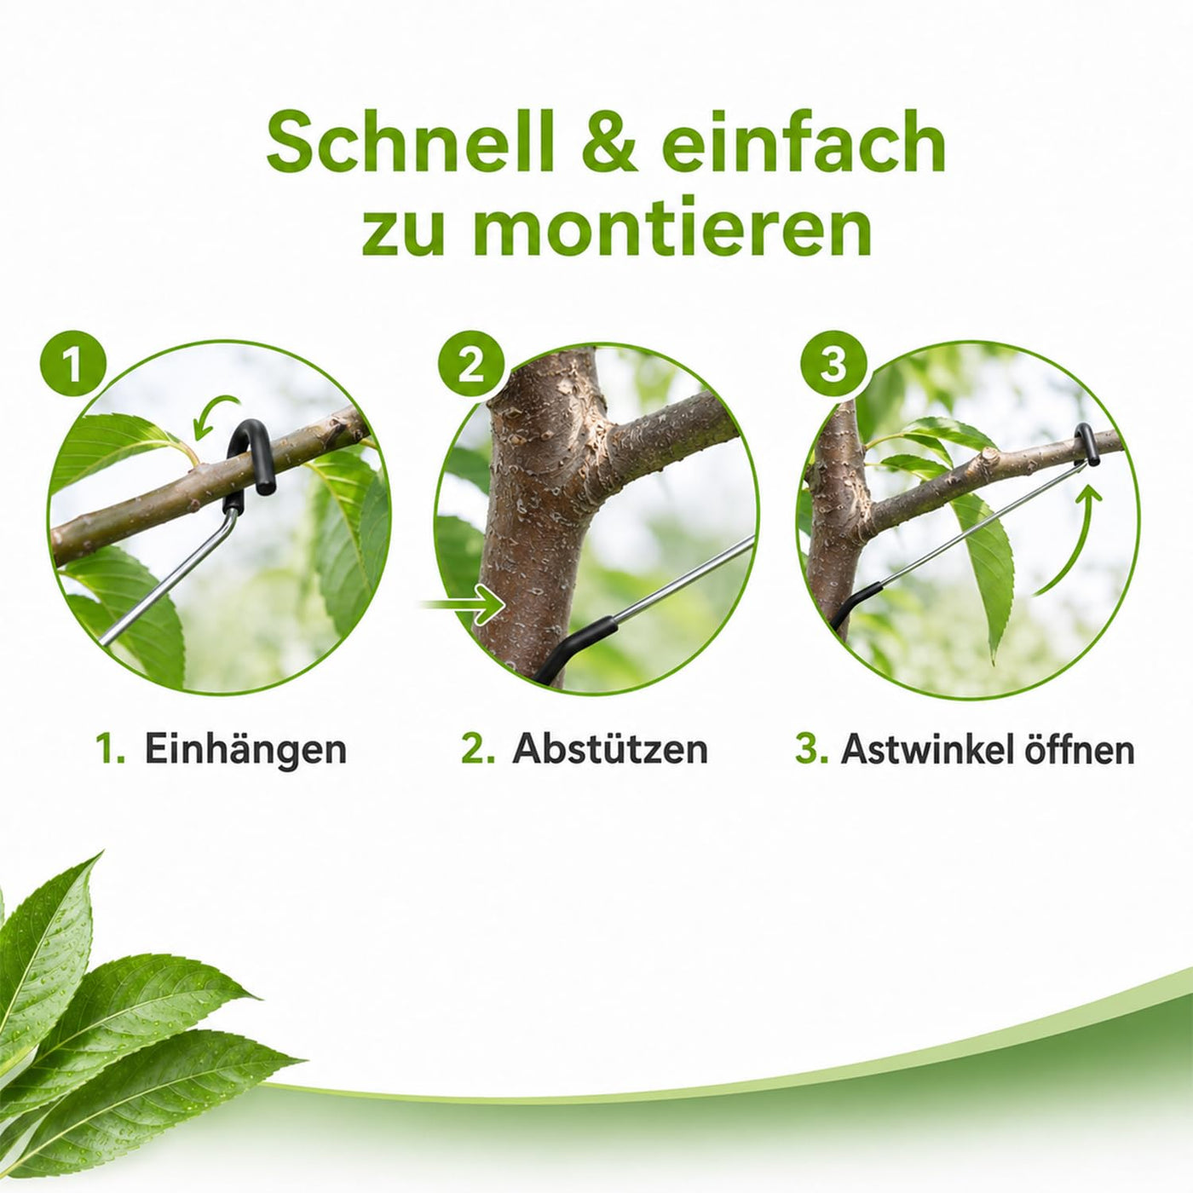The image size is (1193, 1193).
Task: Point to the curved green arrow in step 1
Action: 214,412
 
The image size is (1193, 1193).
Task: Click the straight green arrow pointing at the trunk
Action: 462,603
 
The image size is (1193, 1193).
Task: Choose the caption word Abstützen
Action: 610,749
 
